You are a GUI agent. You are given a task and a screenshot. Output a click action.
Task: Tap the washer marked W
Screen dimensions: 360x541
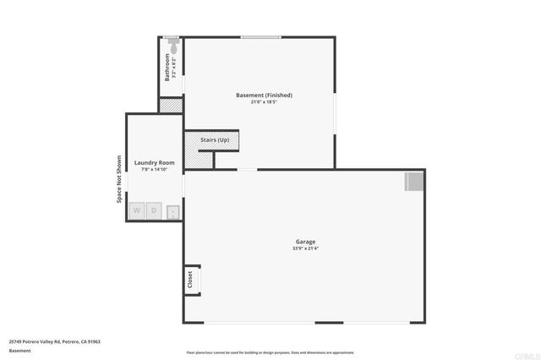137,210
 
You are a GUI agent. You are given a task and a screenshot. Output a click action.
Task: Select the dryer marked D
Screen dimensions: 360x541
155,210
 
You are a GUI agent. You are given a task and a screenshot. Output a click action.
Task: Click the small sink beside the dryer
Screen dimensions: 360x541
173,211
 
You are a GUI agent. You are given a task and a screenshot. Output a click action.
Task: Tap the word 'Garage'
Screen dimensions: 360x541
305,242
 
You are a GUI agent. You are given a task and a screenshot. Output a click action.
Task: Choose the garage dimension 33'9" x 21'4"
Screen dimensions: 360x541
305,248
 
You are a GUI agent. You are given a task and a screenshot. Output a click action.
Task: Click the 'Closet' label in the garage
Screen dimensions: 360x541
191,278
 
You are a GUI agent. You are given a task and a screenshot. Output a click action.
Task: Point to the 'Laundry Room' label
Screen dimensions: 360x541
155,162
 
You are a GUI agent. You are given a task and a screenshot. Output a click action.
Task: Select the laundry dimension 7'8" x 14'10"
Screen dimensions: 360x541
155,169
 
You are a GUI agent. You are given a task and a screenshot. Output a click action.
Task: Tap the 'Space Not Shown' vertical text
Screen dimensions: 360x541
118,179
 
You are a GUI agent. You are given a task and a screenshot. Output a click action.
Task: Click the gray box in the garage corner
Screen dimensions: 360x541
413,181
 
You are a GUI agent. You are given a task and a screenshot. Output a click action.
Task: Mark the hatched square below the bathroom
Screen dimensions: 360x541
171,106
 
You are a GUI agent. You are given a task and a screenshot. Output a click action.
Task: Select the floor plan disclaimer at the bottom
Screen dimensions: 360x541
270,352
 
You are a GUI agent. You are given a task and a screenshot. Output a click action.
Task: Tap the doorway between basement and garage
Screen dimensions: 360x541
247,170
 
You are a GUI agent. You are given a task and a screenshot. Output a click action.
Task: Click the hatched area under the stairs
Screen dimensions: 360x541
199,158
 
